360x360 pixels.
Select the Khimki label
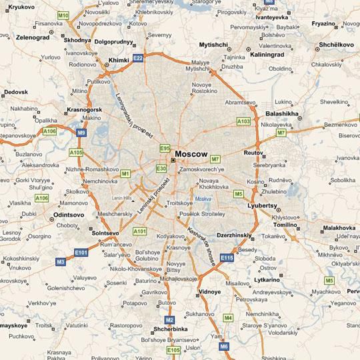click(x=119, y=59)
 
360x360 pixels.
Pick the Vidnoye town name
click(x=210, y=292)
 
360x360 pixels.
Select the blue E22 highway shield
click(x=138, y=59)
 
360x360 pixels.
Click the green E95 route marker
click(x=165, y=148)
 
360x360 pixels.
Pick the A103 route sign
click(x=244, y=121)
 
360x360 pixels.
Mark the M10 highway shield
click(x=63, y=15)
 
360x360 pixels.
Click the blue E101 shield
click(x=81, y=253)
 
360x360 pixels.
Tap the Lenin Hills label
click(x=123, y=198)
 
